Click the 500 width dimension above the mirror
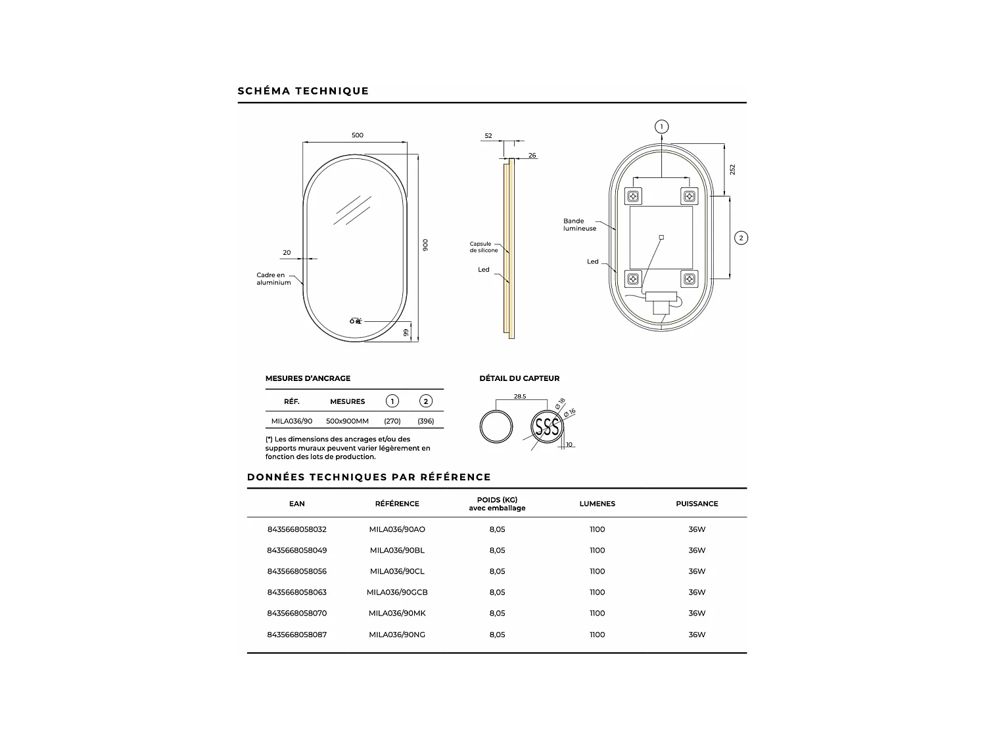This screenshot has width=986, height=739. (x=357, y=135)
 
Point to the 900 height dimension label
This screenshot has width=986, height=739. (x=425, y=244)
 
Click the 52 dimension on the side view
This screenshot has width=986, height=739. (x=488, y=136)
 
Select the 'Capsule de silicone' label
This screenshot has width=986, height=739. (x=484, y=247)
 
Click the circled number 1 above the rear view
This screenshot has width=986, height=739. (x=662, y=127)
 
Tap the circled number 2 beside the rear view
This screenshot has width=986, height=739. (x=741, y=238)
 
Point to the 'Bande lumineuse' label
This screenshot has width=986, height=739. (x=579, y=225)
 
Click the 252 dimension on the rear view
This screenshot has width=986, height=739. (x=732, y=169)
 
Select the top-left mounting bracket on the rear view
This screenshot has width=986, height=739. (x=634, y=196)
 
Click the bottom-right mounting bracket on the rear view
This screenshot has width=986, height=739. (x=689, y=279)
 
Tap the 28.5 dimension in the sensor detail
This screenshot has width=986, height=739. (x=520, y=397)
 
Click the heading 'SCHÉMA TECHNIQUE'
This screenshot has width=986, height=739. (x=303, y=91)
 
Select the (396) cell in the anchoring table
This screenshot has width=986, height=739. (x=426, y=421)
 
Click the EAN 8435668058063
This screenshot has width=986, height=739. (x=296, y=593)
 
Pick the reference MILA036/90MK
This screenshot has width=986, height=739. (x=397, y=614)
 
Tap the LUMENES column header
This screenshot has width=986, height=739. (x=597, y=504)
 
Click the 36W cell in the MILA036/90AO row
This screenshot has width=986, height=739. (x=697, y=529)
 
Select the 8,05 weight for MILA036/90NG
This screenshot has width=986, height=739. (x=497, y=635)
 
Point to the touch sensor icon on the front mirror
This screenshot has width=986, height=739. (x=356, y=321)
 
